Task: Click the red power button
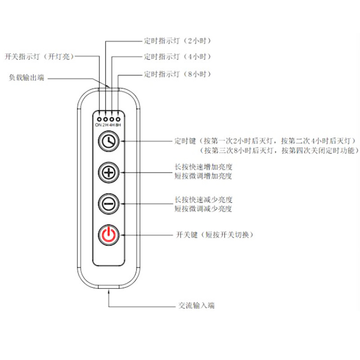[x=108, y=234]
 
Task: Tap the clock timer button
[x=108, y=141]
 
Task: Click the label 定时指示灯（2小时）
[x=177, y=41]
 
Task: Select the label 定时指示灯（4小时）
[x=177, y=57]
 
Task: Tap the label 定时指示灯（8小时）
[x=177, y=73]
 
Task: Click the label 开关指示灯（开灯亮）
[x=39, y=56]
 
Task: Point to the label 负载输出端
[x=27, y=77]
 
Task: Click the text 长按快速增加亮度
[x=203, y=167]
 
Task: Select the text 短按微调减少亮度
[x=203, y=209]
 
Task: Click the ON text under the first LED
[x=98, y=125]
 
